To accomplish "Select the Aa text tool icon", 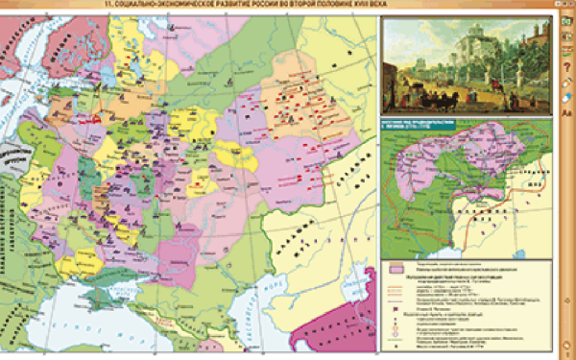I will point(566,114).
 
